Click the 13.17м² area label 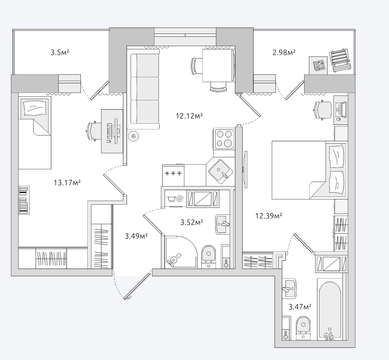(x=67, y=183)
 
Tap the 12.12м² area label (x=189, y=116)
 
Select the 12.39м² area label (x=268, y=216)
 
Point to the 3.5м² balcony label (x=60, y=53)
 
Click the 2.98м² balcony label (x=284, y=52)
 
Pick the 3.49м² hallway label (x=136, y=236)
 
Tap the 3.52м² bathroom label (x=192, y=222)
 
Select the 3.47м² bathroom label (x=300, y=307)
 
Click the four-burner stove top (x=224, y=139)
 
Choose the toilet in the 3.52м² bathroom (x=208, y=257)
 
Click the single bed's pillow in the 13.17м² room (x=34, y=108)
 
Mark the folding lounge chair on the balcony (x=340, y=61)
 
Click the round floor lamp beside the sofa (x=133, y=136)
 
